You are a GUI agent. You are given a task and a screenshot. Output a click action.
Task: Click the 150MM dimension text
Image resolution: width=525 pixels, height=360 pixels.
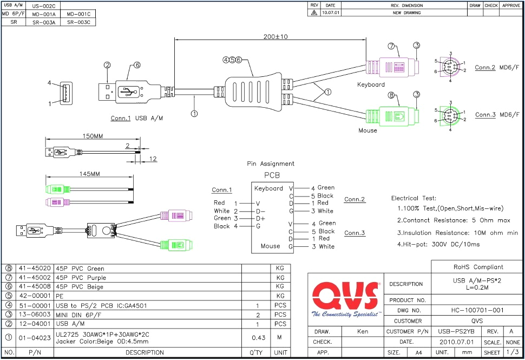(91, 136)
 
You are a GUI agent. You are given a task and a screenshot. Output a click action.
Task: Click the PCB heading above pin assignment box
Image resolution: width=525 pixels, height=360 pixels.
(272, 176)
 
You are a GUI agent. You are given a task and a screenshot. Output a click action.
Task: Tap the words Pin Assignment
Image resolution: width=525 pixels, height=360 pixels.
(271, 163)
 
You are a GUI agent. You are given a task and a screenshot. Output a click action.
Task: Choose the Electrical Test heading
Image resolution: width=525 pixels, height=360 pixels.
(414, 199)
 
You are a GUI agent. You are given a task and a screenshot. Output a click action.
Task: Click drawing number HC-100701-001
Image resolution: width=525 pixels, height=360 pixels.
(477, 310)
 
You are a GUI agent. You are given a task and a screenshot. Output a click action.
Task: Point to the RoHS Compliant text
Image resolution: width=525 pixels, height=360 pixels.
(477, 267)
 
